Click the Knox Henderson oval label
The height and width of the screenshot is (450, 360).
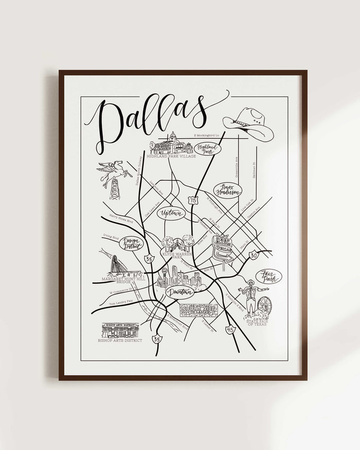pos(227,190)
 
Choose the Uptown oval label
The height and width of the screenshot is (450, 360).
pos(172,213)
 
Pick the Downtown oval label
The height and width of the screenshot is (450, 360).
pos(180,292)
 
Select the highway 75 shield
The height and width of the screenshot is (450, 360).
pos(192,200)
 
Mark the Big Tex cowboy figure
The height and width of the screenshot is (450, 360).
pos(250,298)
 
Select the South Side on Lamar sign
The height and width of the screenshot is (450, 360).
pos(199,310)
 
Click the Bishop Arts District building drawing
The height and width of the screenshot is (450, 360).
pos(120,330)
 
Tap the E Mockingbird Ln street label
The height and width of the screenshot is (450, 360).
pos(206,135)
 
